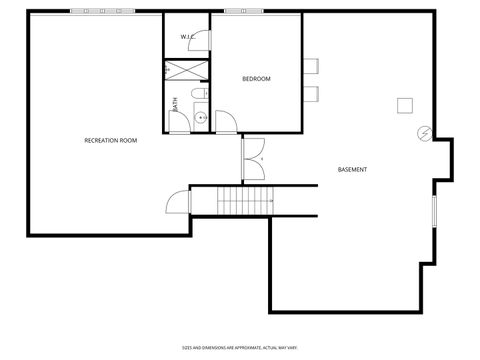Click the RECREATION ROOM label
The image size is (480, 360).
point(111,140)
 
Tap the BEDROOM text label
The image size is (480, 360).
point(257,79)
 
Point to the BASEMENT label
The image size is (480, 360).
point(352,169)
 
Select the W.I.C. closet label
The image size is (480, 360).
point(187,37)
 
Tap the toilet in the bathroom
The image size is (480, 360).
point(198,95)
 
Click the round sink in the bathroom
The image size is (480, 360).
point(199,118)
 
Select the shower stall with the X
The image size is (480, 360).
point(187,71)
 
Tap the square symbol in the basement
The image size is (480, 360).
point(405,106)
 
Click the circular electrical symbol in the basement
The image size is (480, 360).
point(423,132)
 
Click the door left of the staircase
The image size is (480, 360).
point(178,202)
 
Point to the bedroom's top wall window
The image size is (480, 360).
point(239,12)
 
